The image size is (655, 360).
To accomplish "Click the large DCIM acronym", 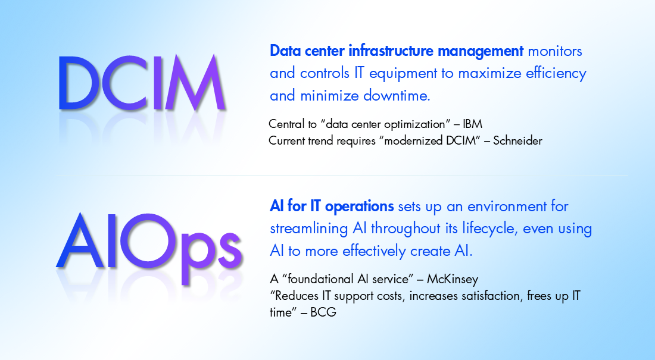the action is (142, 83).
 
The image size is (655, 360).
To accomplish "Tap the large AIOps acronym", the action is (149, 248).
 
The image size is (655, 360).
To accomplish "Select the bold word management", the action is (481, 52).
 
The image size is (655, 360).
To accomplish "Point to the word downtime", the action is (397, 96).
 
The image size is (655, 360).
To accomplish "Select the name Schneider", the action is (517, 141).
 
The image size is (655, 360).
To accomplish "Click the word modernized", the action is (413, 141).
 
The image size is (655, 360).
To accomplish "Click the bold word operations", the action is (359, 206).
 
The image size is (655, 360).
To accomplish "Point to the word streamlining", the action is (308, 229).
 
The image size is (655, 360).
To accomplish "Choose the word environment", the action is (507, 206).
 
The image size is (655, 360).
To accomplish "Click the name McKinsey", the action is (453, 279).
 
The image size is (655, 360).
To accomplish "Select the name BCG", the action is (323, 312).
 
